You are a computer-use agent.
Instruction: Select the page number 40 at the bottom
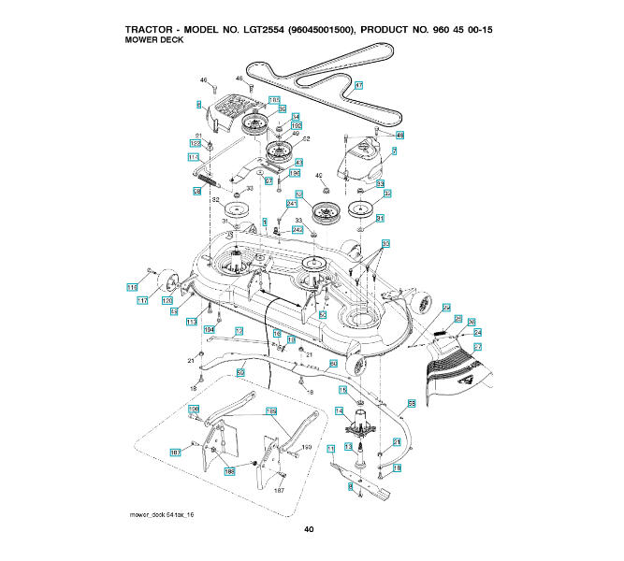coord(309,530)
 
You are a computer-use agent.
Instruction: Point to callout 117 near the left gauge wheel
coord(143,300)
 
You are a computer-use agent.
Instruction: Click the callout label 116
coord(131,288)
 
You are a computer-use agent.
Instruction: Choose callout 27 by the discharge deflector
coord(477,346)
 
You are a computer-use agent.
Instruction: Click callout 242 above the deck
coord(297,229)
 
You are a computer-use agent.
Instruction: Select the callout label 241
coord(291,203)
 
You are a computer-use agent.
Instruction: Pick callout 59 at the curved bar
coord(240,373)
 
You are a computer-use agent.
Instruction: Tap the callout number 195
coord(294,173)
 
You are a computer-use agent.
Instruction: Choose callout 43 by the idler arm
coord(297,162)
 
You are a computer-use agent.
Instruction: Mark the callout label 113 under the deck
coord(192,322)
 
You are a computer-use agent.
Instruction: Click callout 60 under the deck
coord(332,364)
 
